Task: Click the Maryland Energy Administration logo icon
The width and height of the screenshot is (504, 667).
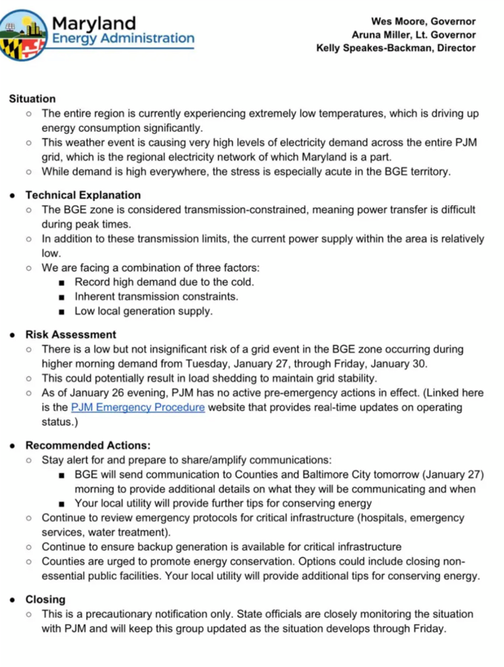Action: [x=24, y=35]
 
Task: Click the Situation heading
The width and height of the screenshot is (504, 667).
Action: [x=32, y=99]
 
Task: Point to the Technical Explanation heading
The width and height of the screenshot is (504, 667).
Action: [x=82, y=195]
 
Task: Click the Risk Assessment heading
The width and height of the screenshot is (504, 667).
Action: [x=71, y=335]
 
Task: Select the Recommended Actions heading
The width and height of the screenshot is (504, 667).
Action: [x=88, y=446]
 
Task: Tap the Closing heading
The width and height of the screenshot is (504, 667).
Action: [x=45, y=599]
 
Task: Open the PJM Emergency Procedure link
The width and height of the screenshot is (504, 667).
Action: [x=137, y=408]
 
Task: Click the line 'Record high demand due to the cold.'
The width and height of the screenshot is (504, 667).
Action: [x=164, y=282]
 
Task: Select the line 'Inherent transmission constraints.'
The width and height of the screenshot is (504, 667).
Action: [x=156, y=296]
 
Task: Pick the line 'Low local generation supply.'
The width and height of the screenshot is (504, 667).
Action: [x=143, y=311]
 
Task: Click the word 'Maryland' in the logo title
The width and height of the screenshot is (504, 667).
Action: [x=94, y=23]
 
